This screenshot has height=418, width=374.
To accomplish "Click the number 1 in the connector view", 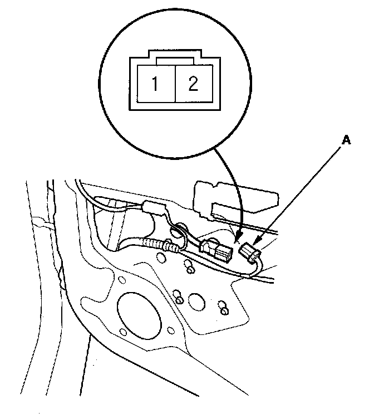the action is coord(155,84).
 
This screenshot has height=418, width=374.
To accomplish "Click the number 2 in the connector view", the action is coord(193,84).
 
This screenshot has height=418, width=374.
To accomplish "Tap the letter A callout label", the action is coord(346,142).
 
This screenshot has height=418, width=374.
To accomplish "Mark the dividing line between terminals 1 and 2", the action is coord(175,84).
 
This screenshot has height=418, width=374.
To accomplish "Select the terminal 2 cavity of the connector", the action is coord(193,84).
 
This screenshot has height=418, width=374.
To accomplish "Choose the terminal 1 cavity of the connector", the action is coord(156,84).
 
